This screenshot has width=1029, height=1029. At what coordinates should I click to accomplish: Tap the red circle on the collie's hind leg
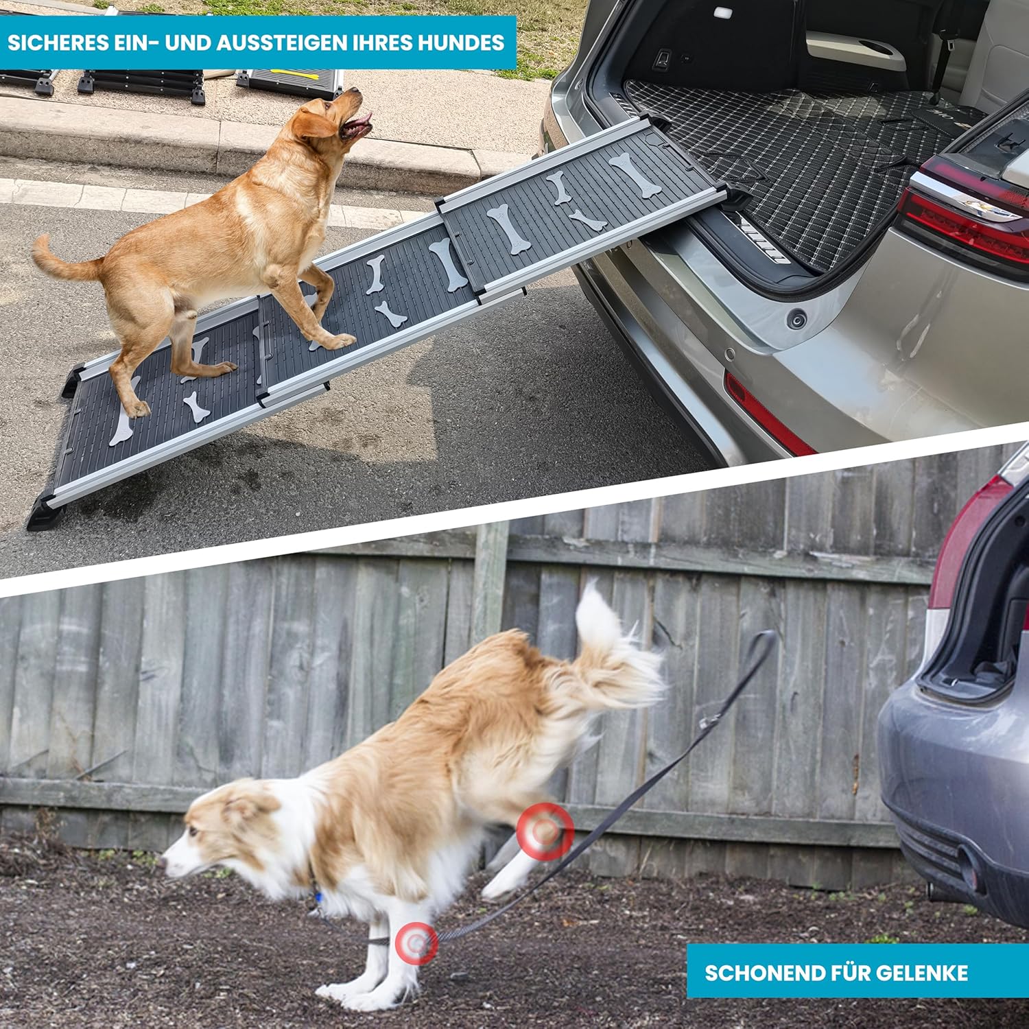(x=545, y=831)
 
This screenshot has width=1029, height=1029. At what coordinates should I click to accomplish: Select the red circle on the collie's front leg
(x=416, y=943)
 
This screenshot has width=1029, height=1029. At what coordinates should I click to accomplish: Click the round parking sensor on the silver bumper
(x=796, y=320)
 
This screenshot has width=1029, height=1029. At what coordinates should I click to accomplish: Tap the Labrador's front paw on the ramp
(x=339, y=340)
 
